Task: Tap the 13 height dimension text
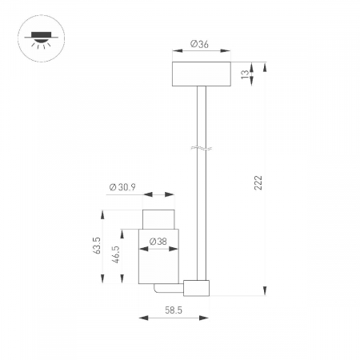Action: [x=244, y=74]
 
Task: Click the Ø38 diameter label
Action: [x=157, y=239]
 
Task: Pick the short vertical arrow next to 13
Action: [x=254, y=74]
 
